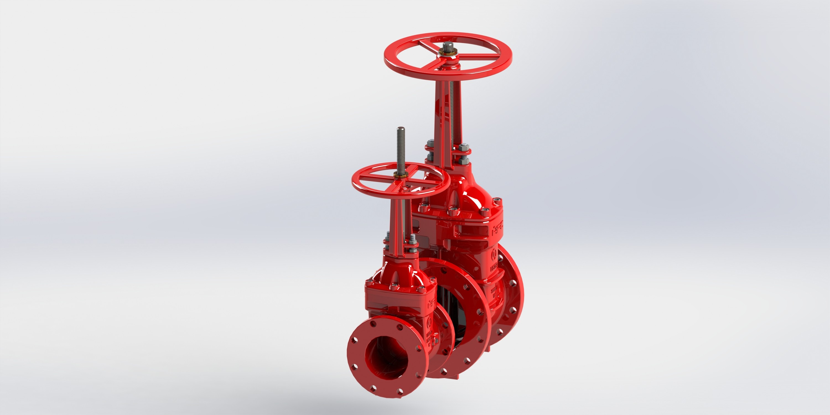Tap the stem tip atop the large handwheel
[x=447, y=53]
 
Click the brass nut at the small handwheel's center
[x=401, y=176]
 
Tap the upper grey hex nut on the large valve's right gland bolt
[x=463, y=147]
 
